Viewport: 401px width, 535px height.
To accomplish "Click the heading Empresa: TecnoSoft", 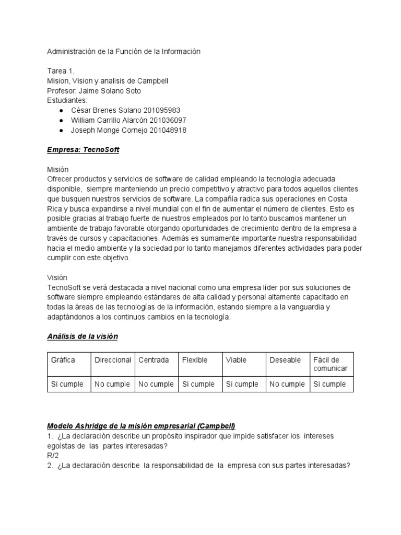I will pyautogui.click(x=83, y=150).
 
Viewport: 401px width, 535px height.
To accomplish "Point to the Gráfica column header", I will pyautogui.click(x=63, y=360).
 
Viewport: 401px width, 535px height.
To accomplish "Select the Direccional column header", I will pyautogui.click(x=113, y=360).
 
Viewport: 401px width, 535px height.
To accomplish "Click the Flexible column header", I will pyautogui.click(x=195, y=360).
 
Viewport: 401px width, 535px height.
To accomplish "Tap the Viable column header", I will pyautogui.click(x=236, y=360).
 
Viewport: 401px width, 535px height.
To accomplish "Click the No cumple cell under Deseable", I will pyautogui.click(x=287, y=384).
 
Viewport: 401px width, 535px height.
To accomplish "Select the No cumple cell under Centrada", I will pyautogui.click(x=156, y=384).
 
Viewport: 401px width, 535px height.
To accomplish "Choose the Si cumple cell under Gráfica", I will pyautogui.click(x=67, y=384).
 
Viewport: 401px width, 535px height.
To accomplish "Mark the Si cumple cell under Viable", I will pyautogui.click(x=242, y=384).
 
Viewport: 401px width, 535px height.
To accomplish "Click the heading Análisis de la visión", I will pyautogui.click(x=82, y=336).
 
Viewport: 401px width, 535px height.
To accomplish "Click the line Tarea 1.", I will pyautogui.click(x=61, y=71).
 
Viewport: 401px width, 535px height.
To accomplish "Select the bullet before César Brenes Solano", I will pyautogui.click(x=62, y=110).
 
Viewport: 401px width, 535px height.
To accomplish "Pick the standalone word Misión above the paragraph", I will pyautogui.click(x=57, y=170).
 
